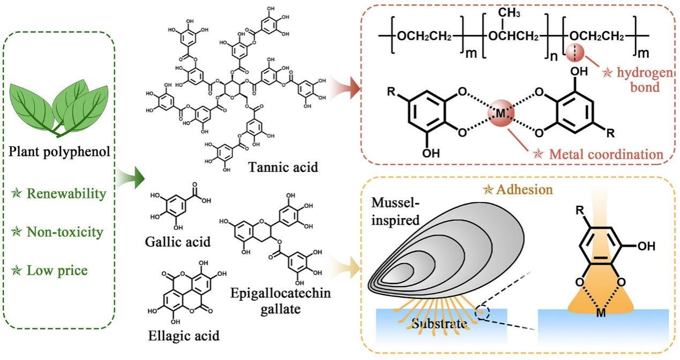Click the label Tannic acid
click(x=283, y=167)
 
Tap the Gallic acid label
click(x=177, y=241)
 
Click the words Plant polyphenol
click(x=60, y=153)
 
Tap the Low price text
click(x=58, y=271)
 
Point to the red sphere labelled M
click(x=501, y=114)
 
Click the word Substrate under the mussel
click(x=438, y=324)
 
